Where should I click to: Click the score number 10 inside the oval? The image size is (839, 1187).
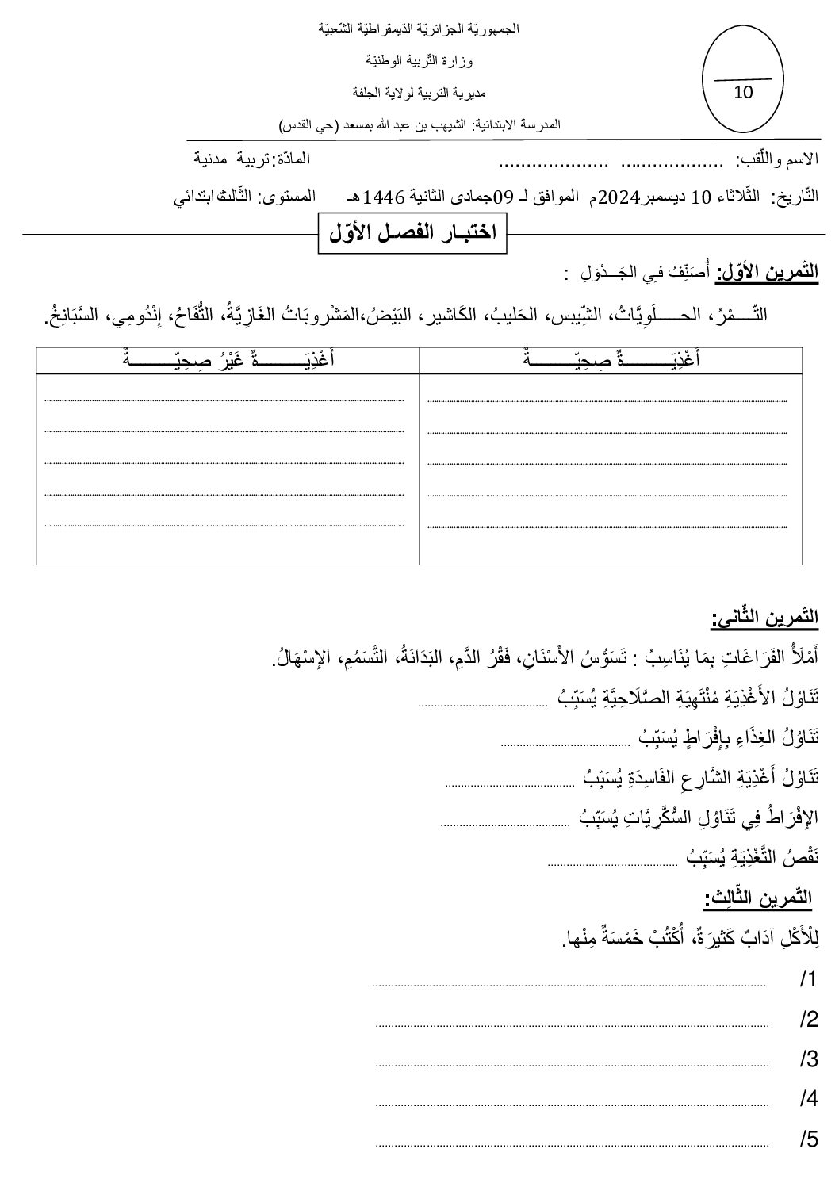[x=743, y=92]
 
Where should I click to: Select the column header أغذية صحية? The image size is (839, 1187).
[x=611, y=358]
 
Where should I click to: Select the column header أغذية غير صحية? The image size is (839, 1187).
[x=228, y=358]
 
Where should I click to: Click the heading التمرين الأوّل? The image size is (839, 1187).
[x=767, y=273]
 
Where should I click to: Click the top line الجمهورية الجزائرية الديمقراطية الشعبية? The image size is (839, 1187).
[x=419, y=29]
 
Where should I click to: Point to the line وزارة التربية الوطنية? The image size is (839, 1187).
[x=420, y=60]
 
